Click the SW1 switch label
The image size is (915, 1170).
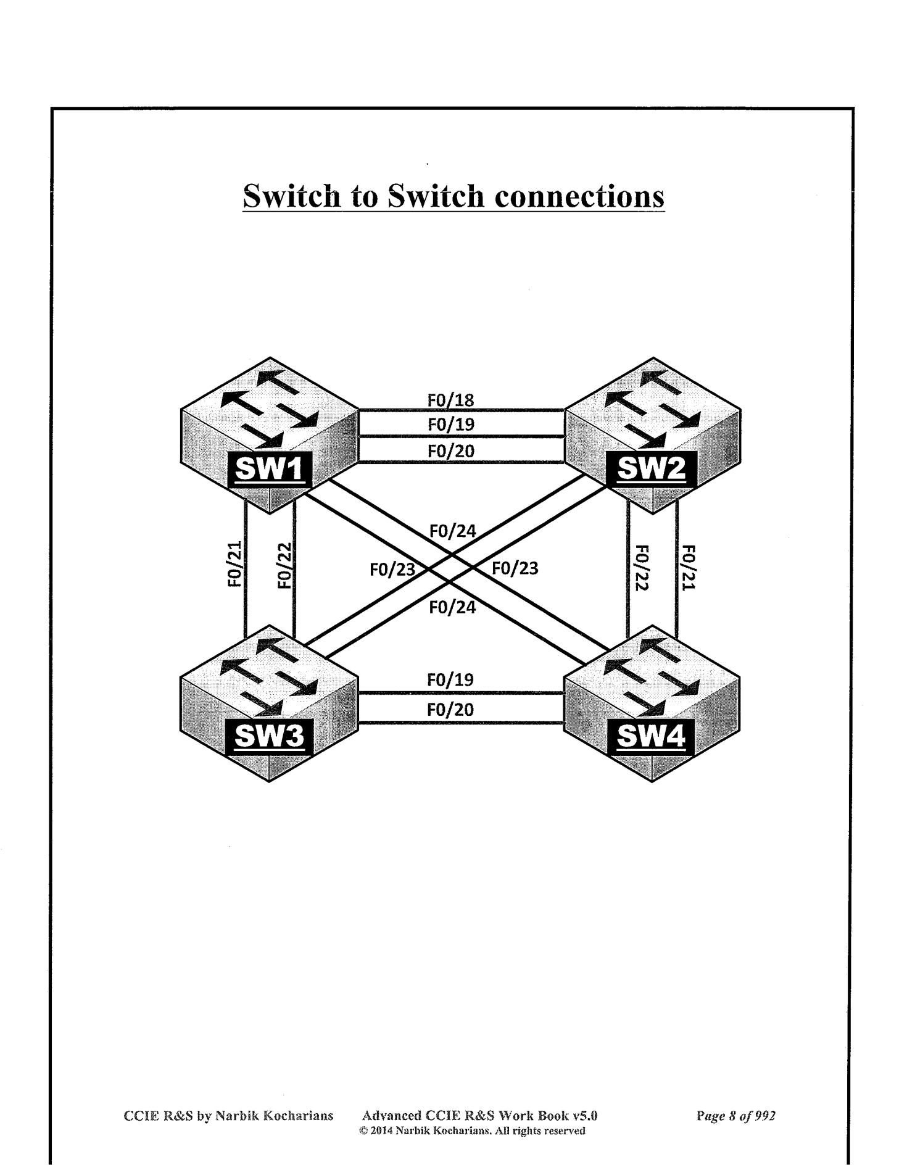[270, 470]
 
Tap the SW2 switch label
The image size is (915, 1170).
[652, 470]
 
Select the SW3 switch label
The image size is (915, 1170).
[270, 736]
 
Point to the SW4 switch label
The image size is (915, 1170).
[652, 736]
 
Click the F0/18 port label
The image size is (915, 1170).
[451, 400]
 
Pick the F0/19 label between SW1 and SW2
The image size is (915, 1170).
[451, 425]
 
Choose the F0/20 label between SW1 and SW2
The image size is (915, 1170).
[451, 451]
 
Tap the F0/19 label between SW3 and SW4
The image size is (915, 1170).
[450, 680]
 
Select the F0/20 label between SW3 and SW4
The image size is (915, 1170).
[450, 710]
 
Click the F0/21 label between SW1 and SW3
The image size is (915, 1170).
[234, 565]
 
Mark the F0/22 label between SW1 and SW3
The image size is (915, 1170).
[284, 565]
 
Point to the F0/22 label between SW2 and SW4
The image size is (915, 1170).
[642, 568]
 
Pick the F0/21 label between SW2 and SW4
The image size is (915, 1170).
[689, 568]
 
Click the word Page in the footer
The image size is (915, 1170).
[710, 1116]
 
